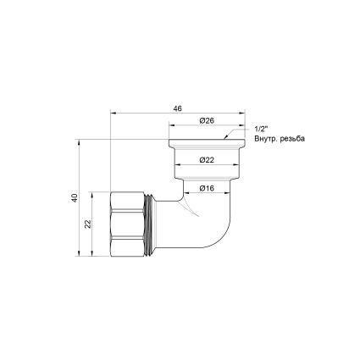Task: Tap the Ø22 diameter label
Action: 207,158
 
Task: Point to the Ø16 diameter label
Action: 207,188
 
